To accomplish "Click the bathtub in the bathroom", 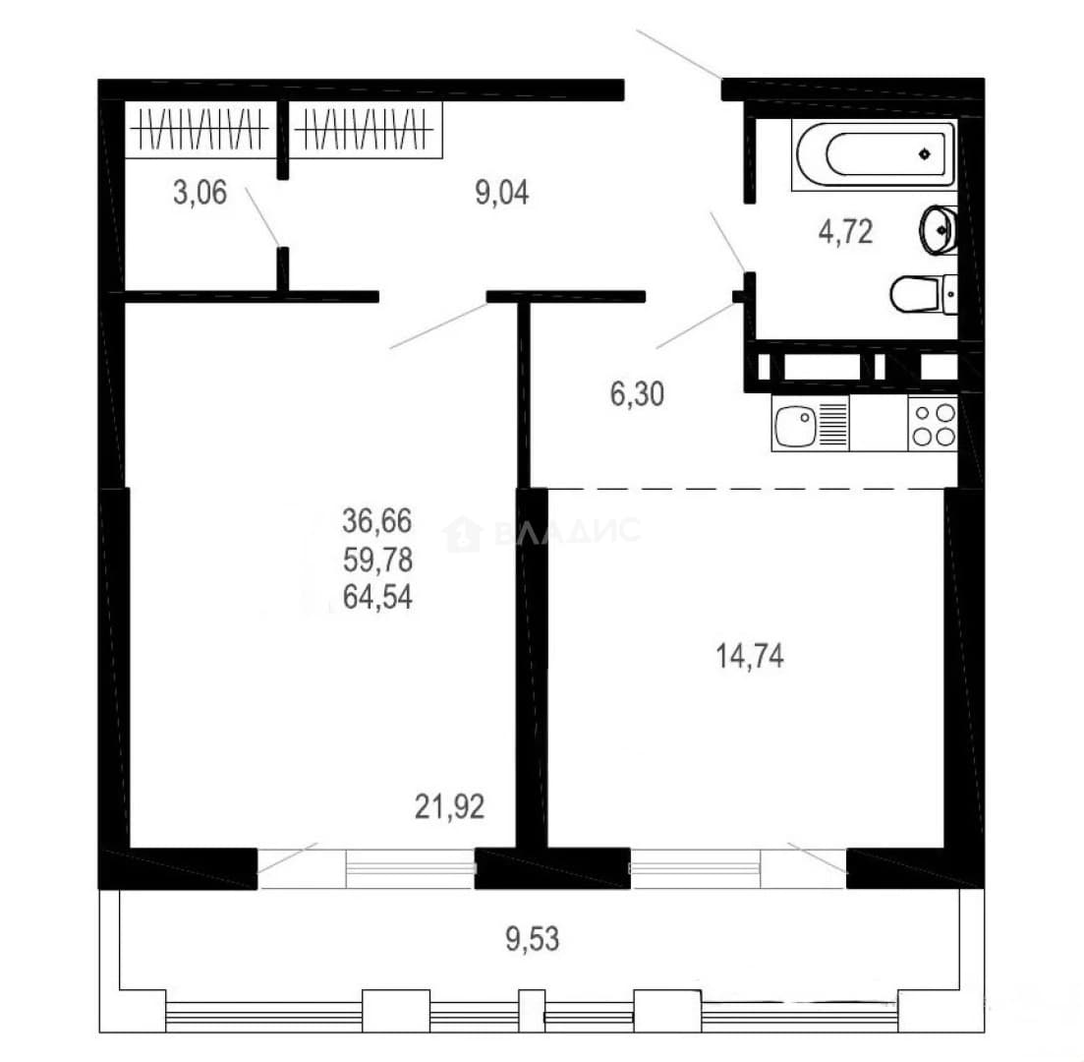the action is tap(875, 154).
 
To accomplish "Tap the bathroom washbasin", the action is tap(939, 230).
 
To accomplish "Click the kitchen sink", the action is tap(810, 424).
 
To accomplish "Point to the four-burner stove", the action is tap(934, 424).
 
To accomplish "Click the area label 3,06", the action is tap(200, 193).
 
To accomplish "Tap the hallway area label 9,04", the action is tap(502, 193).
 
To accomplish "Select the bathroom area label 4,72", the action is tap(845, 232).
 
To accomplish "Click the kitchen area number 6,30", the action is tap(637, 393).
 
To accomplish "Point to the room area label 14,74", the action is tap(750, 656).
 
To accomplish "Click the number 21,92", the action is tap(449, 806).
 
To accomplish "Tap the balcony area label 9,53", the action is tap(533, 939).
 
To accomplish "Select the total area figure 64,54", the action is tap(377, 596).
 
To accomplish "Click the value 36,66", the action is tap(377, 520).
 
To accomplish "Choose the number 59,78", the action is tap(377, 559).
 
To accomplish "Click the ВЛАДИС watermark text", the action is tap(567, 531).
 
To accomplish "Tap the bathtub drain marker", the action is tap(925, 153).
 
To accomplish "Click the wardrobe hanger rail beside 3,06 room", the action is tap(200, 129).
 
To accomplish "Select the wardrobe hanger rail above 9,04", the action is tap(365, 129).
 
